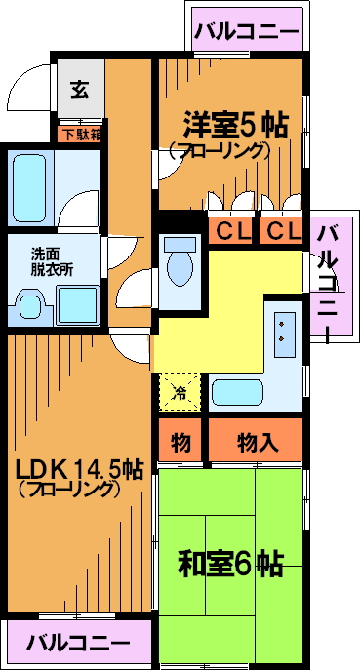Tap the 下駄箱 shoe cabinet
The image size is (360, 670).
pyautogui.click(x=80, y=135)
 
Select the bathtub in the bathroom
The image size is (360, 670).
pyautogui.click(x=28, y=187)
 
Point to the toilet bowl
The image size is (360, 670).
pyautogui.click(x=180, y=268)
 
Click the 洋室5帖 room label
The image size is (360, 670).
pyautogui.click(x=235, y=124)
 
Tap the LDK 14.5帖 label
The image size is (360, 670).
pyautogui.click(x=80, y=470)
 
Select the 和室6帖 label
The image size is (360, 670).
pyautogui.click(x=230, y=565)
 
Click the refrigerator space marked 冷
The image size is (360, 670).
pyautogui.click(x=180, y=392)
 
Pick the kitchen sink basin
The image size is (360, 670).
pyautogui.click(x=237, y=392)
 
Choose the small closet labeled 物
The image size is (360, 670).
pyautogui.click(x=180, y=442)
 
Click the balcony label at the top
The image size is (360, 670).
pyautogui.click(x=247, y=31)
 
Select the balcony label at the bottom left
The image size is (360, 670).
pyautogui.click(x=79, y=642)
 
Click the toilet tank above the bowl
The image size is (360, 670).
pyautogui.click(x=180, y=244)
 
